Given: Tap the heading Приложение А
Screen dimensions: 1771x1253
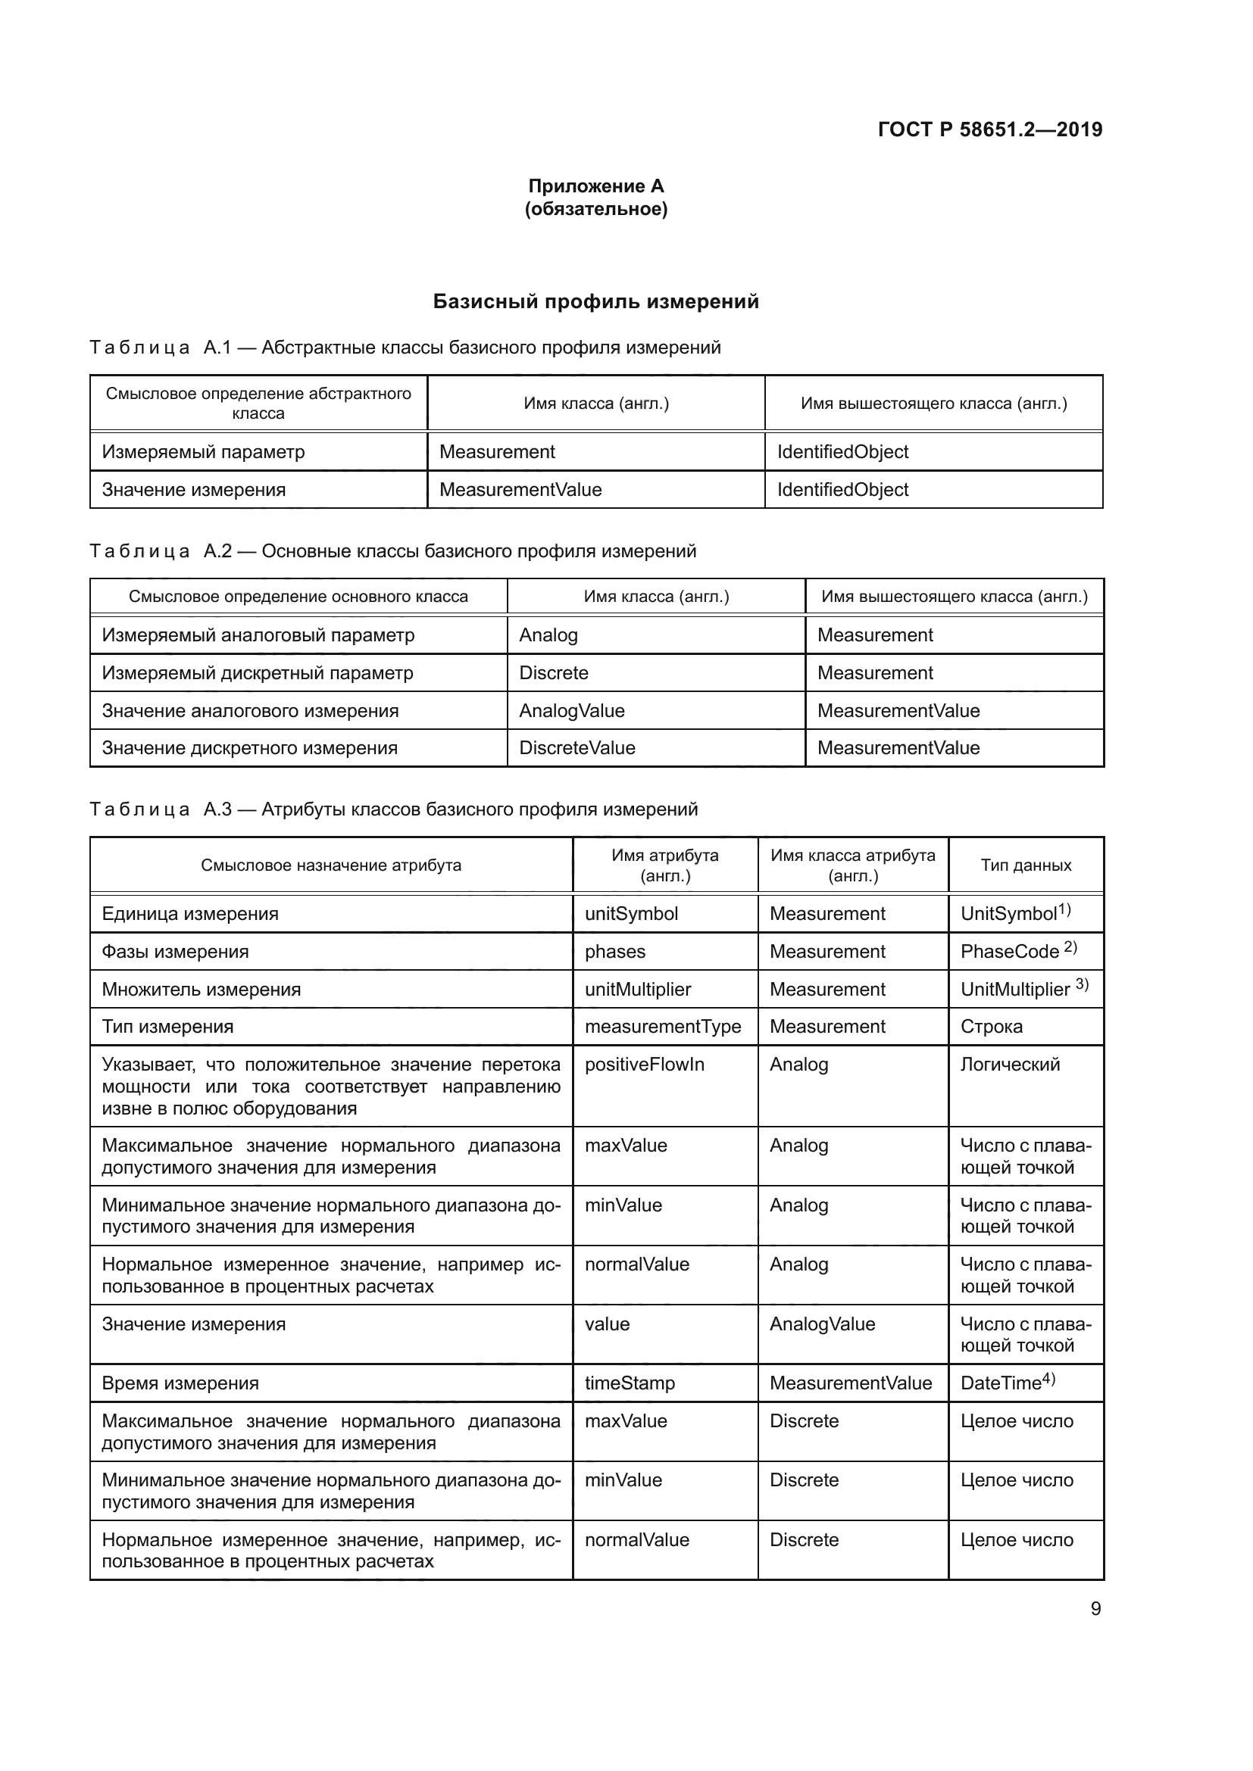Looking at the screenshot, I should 595,186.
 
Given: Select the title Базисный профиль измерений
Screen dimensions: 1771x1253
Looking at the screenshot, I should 595,301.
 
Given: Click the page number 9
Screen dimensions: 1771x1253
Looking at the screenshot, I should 1095,1608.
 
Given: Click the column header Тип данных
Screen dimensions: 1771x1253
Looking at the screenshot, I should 1026,865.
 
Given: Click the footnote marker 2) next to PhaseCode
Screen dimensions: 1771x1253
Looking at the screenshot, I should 1070,946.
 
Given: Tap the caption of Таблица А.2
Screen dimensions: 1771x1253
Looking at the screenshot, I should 392,550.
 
